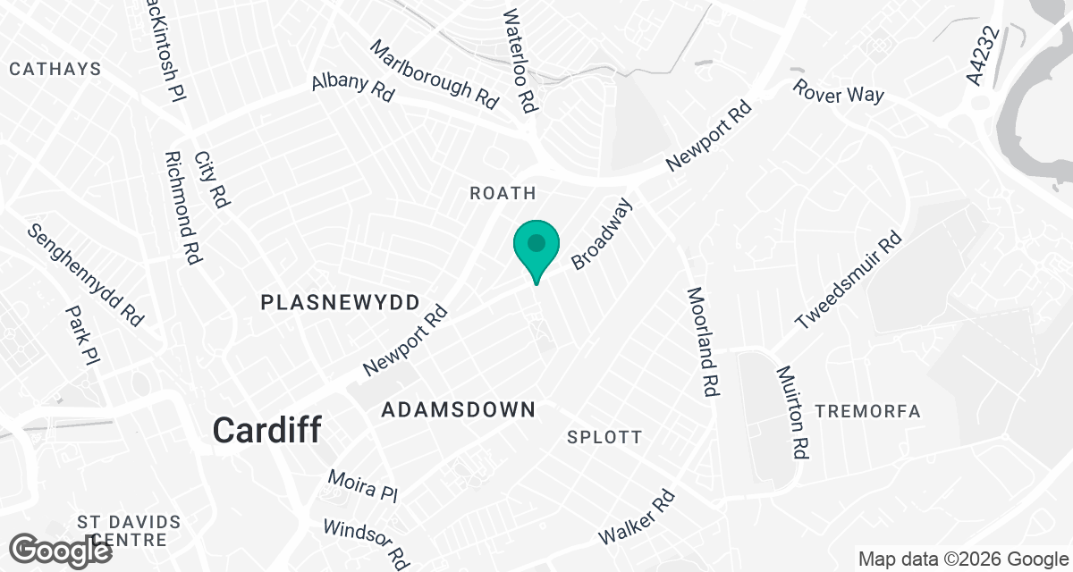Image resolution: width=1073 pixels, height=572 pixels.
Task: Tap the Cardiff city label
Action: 266,431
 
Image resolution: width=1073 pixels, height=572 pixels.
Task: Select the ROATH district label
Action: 503,193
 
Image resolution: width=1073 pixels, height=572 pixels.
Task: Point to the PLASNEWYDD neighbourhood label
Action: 340,303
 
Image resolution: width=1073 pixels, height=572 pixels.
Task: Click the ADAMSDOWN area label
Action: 458,410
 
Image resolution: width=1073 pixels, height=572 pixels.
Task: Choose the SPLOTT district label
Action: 604,437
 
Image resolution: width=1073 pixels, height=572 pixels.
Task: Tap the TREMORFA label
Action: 867,411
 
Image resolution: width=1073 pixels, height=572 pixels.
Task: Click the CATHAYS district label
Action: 55,69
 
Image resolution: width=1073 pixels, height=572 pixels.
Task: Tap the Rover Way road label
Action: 838,92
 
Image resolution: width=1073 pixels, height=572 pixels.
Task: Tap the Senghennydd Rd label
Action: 85,275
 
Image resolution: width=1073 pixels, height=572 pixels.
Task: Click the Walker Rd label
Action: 636,517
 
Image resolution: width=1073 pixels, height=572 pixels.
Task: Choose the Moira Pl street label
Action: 362,485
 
